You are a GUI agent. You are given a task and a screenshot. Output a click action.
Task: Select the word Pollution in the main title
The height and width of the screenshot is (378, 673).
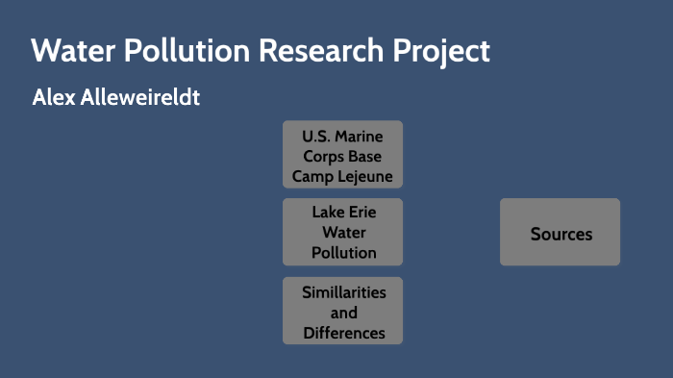coord(180,51)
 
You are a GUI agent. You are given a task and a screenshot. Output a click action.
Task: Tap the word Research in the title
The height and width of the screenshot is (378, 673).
coord(317,51)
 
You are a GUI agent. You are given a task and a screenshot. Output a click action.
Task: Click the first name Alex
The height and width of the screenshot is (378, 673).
coord(52,98)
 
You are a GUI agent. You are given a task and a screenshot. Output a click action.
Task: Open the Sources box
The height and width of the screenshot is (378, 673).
coord(561,234)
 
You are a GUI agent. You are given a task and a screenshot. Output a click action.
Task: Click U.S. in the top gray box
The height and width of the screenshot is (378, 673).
coord(315,136)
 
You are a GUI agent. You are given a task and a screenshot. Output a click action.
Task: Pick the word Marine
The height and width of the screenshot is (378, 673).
coord(359,136)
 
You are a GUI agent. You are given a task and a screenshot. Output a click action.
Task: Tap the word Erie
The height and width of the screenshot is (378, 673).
coord(361,213)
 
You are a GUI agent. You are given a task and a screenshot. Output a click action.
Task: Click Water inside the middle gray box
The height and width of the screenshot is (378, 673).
coord(343,233)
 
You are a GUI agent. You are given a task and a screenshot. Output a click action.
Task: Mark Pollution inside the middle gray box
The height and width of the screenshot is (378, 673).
coord(343,253)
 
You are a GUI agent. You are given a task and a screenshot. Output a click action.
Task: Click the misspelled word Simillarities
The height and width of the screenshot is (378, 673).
coord(343,291)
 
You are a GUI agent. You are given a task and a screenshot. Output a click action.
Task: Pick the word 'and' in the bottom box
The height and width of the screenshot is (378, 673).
coord(343,312)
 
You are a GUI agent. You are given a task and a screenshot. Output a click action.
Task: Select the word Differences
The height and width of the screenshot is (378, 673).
coord(343,333)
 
